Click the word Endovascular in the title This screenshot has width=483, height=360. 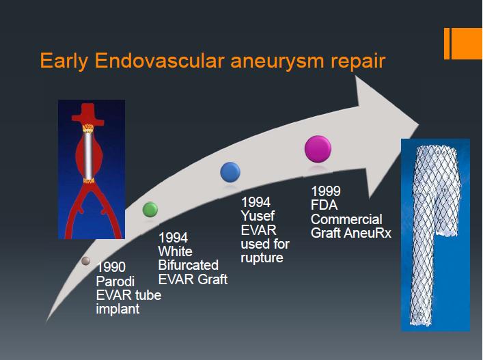[159, 60]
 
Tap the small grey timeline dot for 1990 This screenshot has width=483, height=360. [85, 261]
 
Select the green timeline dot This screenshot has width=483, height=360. [150, 210]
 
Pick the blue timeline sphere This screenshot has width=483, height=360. [230, 172]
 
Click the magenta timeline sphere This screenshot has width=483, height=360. [318, 149]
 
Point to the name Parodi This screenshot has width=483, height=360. [115, 281]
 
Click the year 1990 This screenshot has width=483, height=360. [111, 267]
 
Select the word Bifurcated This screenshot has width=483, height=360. [188, 265]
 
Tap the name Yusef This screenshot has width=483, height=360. [258, 216]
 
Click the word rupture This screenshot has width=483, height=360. [262, 258]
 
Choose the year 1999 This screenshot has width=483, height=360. [326, 191]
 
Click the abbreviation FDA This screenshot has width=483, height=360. [324, 205]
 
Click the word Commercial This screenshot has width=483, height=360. [346, 219]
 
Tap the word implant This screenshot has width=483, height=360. [118, 309]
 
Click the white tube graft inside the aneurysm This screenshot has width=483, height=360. [88, 156]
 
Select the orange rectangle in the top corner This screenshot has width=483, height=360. [463, 44]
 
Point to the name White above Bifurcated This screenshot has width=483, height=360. [176, 251]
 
